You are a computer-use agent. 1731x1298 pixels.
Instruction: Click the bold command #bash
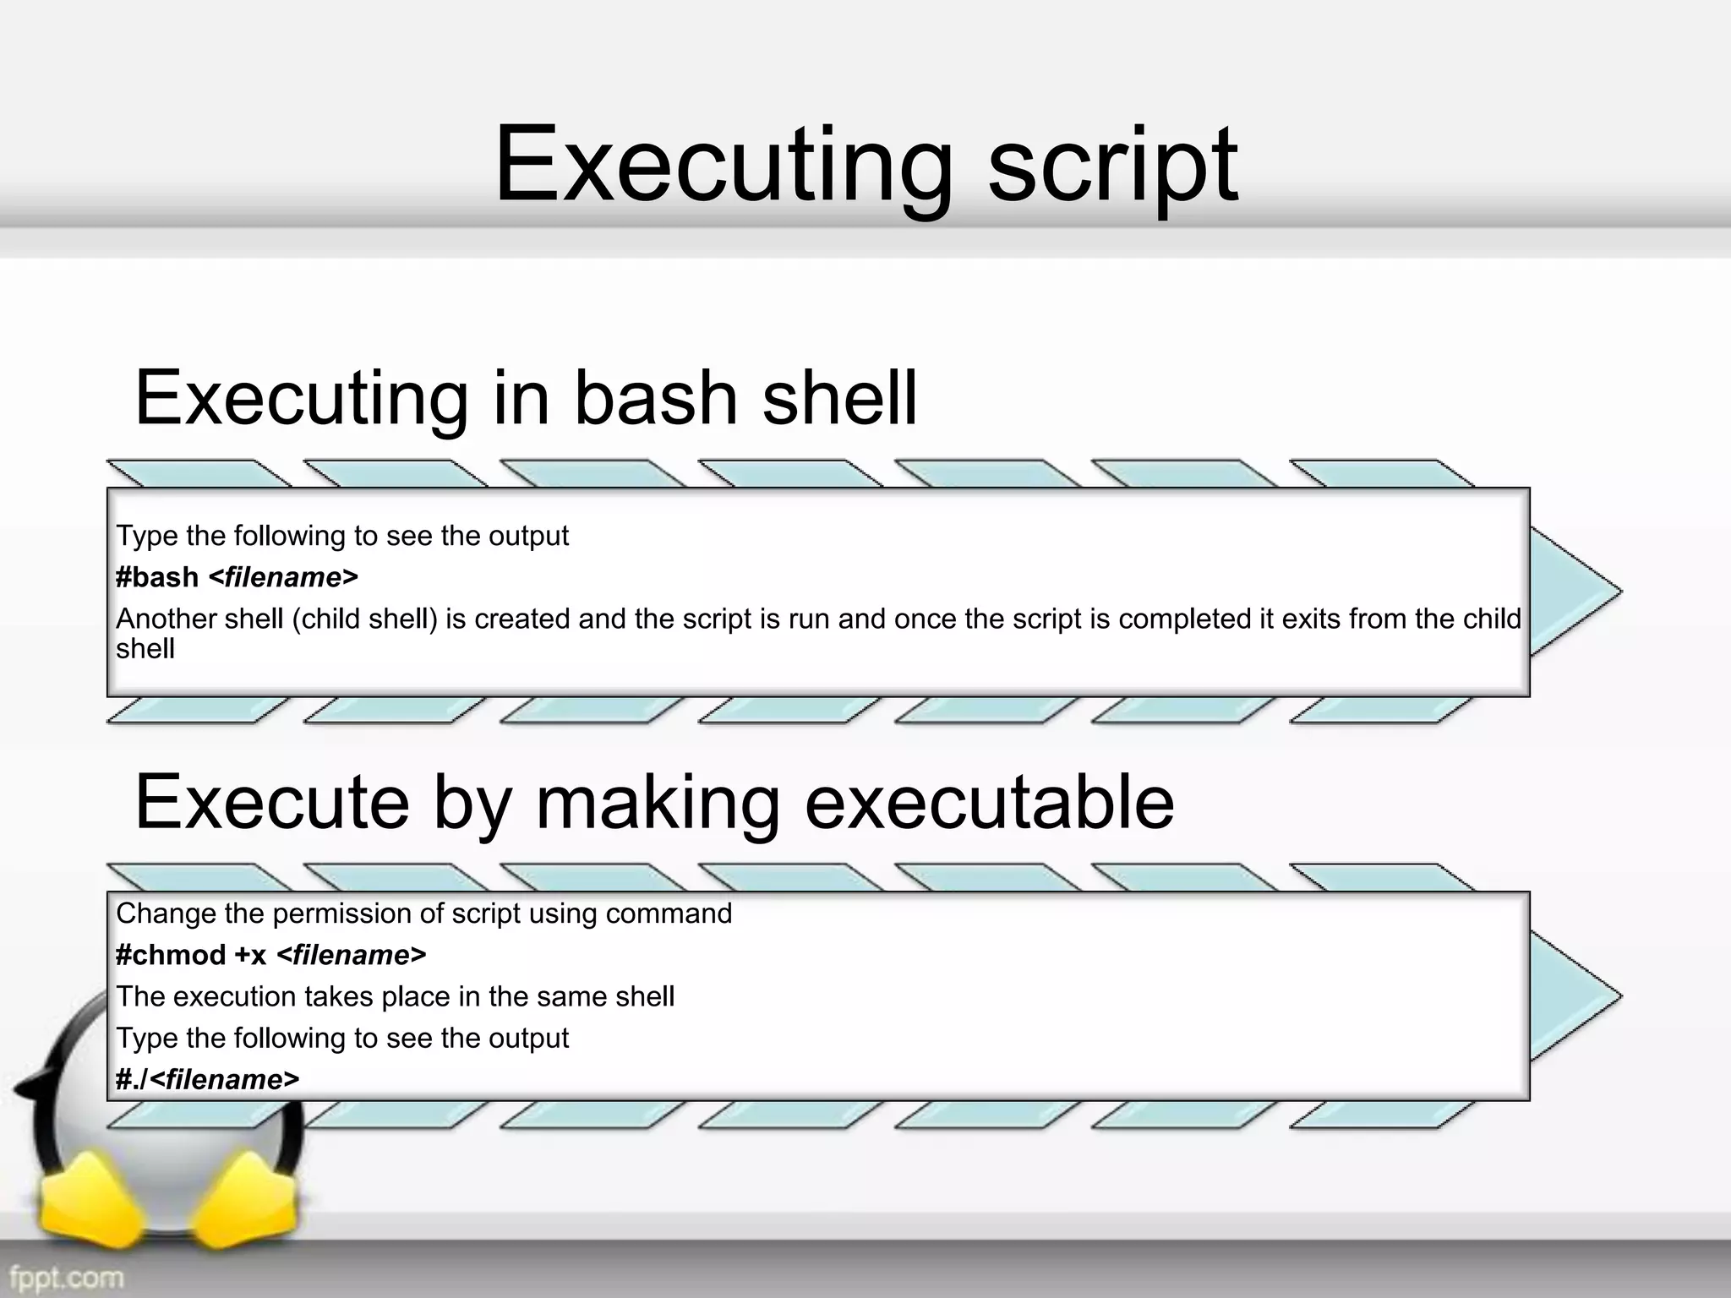[x=157, y=577]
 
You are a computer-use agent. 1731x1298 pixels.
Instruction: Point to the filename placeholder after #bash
[x=283, y=577]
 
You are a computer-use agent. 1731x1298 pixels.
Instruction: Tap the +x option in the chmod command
[x=251, y=955]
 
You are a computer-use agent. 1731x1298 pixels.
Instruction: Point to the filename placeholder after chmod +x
[x=352, y=955]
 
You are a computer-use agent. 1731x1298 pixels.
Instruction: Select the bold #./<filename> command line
[x=208, y=1079]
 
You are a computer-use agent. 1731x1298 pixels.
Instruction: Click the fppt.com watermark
[x=67, y=1276]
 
